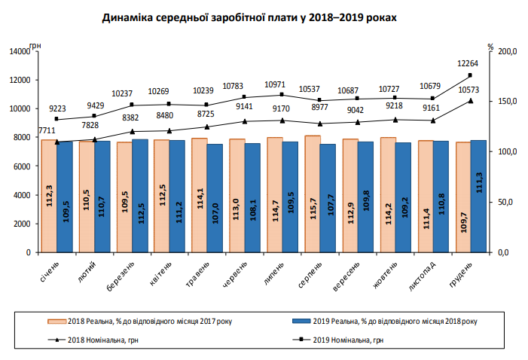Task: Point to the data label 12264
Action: coord(468,65)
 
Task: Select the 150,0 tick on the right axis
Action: coord(508,102)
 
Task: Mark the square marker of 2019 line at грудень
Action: coord(470,75)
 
